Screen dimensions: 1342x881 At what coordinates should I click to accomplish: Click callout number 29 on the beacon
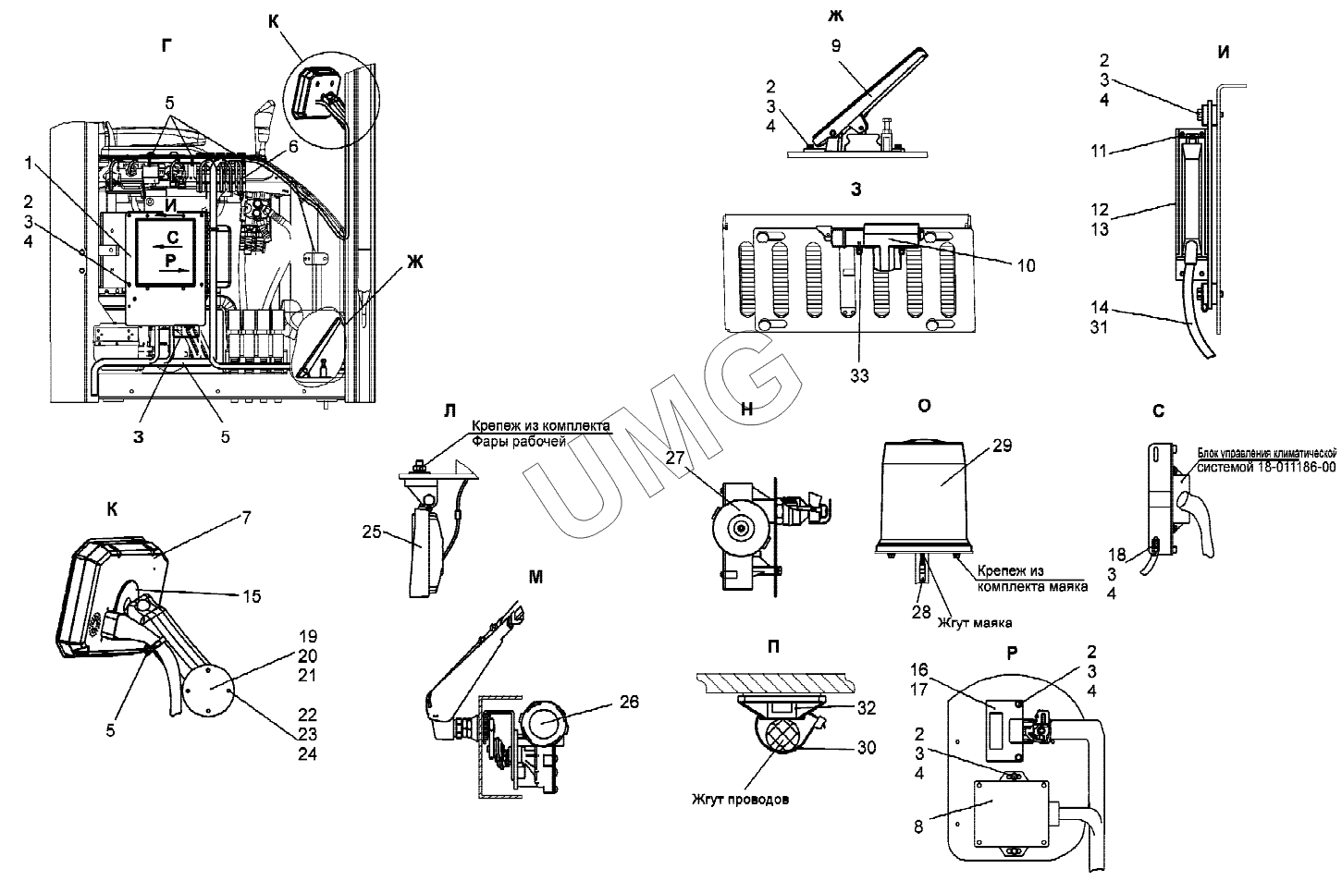click(1003, 446)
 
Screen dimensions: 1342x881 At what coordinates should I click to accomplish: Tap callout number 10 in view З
click(1027, 265)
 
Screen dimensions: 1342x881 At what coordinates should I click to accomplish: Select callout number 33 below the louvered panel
click(859, 375)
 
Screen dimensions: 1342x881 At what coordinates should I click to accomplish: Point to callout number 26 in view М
click(629, 702)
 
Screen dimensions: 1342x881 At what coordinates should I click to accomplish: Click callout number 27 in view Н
click(675, 458)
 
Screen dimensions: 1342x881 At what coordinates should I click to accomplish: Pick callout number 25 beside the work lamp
click(372, 532)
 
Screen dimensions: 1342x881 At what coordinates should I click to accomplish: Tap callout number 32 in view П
click(867, 708)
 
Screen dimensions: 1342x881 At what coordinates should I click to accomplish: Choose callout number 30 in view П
click(867, 748)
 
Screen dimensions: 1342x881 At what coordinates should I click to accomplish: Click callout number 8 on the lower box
click(918, 826)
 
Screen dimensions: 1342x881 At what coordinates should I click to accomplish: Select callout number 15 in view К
click(252, 596)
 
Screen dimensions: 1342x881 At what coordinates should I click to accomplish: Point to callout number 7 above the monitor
click(247, 518)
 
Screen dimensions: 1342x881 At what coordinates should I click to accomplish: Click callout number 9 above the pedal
click(836, 46)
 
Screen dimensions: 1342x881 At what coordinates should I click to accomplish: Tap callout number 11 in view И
click(1098, 151)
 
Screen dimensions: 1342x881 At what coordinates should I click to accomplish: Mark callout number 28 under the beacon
click(921, 611)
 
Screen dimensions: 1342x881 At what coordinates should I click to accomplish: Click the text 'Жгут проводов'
click(741, 799)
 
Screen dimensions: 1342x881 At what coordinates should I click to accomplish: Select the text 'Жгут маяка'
click(975, 623)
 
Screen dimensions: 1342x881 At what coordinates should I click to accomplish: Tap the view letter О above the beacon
click(925, 406)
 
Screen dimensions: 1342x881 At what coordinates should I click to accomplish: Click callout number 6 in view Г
click(293, 147)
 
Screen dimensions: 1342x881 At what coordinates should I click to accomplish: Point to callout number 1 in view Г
click(28, 163)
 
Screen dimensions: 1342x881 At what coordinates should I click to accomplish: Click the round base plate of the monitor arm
click(208, 691)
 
